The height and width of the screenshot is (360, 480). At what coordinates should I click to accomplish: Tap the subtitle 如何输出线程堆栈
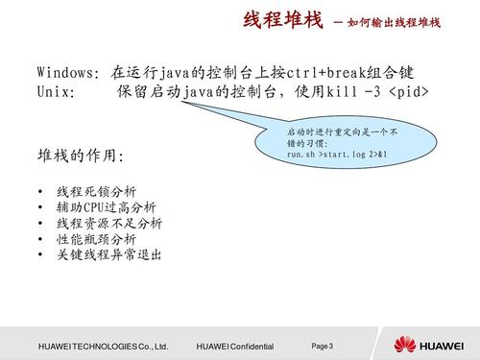tap(395, 23)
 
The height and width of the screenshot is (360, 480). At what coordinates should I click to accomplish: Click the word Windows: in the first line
tap(68, 72)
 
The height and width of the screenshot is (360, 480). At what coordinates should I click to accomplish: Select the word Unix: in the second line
tap(56, 93)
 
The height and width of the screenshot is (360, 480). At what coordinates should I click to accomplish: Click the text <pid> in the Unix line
tap(409, 93)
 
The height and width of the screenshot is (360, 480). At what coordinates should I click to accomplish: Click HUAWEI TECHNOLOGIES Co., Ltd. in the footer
tap(104, 346)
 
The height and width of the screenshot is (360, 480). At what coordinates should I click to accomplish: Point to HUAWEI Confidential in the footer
tap(234, 346)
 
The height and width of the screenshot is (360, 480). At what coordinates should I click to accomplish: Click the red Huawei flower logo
tap(400, 344)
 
